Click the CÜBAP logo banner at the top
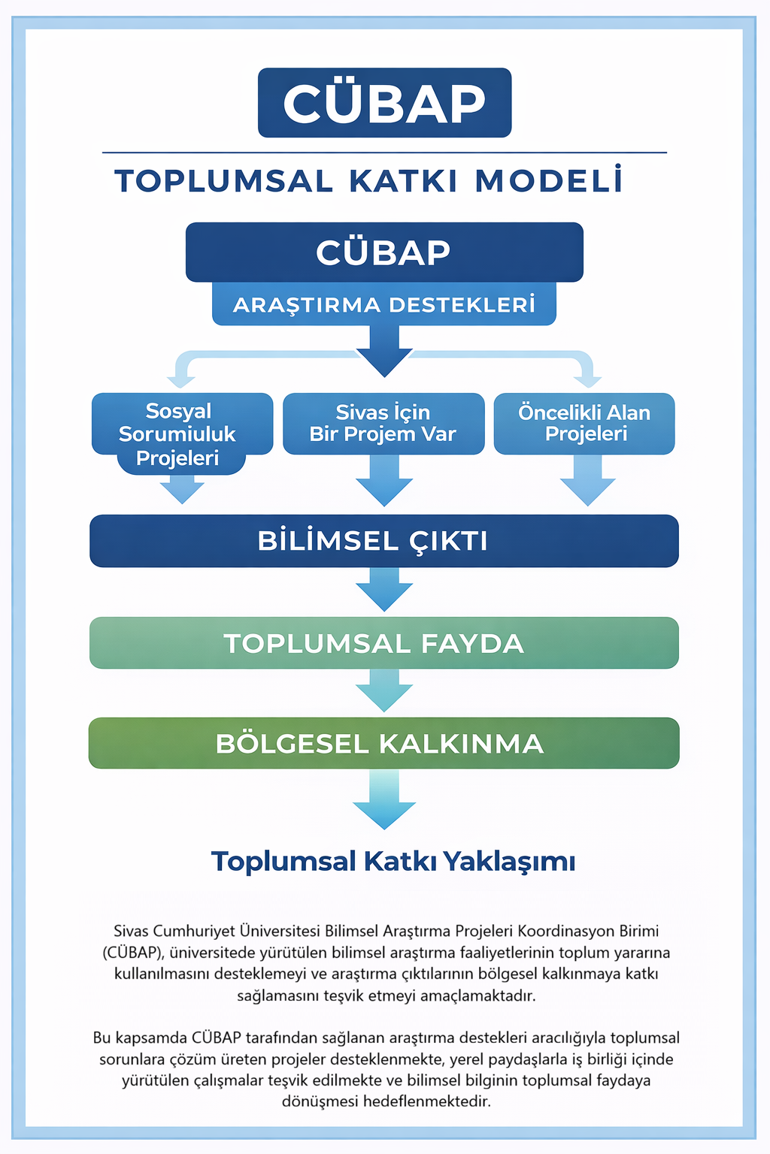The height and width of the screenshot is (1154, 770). tap(384, 103)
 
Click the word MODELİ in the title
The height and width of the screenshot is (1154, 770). tap(549, 181)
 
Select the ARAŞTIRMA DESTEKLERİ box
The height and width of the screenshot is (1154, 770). tap(383, 304)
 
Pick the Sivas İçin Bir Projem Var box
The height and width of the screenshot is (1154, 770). tap(383, 423)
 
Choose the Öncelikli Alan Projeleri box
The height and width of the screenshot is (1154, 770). tap(584, 423)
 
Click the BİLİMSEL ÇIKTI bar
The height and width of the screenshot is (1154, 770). tap(383, 541)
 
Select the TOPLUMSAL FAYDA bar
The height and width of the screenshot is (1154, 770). tap(383, 643)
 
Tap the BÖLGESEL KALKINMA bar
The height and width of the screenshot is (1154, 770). tap(383, 743)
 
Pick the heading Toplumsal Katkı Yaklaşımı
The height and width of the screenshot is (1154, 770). tap(393, 861)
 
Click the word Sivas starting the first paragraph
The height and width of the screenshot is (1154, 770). tap(131, 932)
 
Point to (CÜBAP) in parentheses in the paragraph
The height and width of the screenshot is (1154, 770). tap(133, 953)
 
